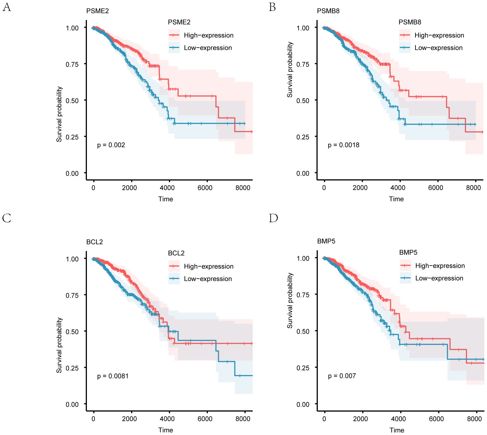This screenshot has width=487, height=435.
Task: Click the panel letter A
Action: (x=7, y=7)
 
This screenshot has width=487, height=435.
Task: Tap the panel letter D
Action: (x=273, y=218)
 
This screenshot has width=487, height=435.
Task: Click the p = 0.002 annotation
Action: (x=111, y=145)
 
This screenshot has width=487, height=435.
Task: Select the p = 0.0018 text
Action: (x=343, y=145)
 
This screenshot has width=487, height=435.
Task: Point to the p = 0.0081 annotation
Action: (x=113, y=376)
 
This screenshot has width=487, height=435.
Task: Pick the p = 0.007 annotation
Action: (x=342, y=376)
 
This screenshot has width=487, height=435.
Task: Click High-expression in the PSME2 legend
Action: (x=208, y=35)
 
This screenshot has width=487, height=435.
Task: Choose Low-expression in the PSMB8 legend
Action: (x=438, y=48)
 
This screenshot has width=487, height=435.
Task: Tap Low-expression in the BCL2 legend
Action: (x=208, y=279)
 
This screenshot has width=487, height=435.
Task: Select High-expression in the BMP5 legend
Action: (x=440, y=266)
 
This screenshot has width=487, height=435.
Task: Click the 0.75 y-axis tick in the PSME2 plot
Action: (x=72, y=64)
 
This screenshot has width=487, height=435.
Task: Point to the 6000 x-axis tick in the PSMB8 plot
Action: (x=435, y=188)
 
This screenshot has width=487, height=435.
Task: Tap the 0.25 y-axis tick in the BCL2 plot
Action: (x=72, y=368)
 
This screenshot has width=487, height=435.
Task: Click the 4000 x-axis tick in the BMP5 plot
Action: (x=398, y=419)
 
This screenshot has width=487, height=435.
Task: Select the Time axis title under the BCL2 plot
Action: (x=166, y=430)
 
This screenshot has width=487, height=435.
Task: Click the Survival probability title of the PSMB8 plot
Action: (x=290, y=70)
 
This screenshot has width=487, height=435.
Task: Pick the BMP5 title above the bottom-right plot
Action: (x=326, y=241)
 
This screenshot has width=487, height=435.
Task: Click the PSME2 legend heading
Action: (x=179, y=22)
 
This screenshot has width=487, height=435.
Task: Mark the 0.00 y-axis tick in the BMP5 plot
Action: (x=303, y=405)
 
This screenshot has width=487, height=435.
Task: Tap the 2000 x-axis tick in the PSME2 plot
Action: (x=129, y=188)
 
